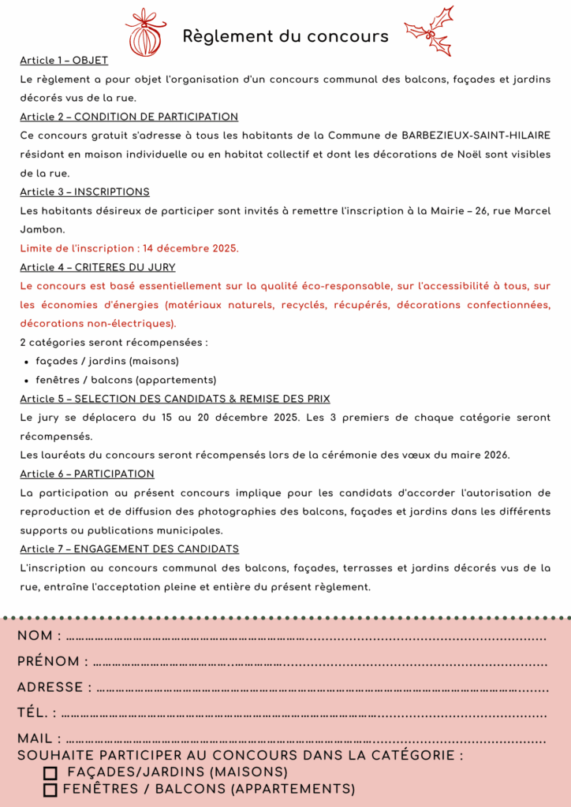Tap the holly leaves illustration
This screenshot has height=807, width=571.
pyautogui.click(x=431, y=31)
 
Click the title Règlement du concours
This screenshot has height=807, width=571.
pyautogui.click(x=285, y=36)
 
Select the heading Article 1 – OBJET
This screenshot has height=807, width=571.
pyautogui.click(x=64, y=61)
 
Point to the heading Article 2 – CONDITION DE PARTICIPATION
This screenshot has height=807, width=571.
pyautogui.click(x=129, y=117)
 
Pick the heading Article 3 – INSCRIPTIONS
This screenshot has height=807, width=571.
pyautogui.click(x=84, y=192)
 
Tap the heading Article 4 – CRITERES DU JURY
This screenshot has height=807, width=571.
pyautogui.click(x=98, y=267)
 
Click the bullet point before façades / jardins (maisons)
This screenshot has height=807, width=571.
pyautogui.click(x=28, y=362)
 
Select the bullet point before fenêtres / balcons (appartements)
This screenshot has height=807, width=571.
pyautogui.click(x=28, y=381)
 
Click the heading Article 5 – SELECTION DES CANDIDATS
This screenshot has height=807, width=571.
pyautogui.click(x=175, y=399)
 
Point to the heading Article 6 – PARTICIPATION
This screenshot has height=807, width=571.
pyautogui.click(x=87, y=474)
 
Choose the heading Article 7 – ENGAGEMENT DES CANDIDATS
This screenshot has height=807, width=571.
pyautogui.click(x=129, y=549)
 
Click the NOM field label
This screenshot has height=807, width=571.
pyautogui.click(x=35, y=636)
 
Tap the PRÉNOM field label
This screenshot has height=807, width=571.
pyautogui.click(x=48, y=662)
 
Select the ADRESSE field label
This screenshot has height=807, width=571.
pyautogui.click(x=50, y=687)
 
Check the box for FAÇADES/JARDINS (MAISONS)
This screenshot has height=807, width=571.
pyautogui.click(x=50, y=773)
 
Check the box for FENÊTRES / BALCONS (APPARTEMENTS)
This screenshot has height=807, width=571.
pyautogui.click(x=50, y=790)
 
